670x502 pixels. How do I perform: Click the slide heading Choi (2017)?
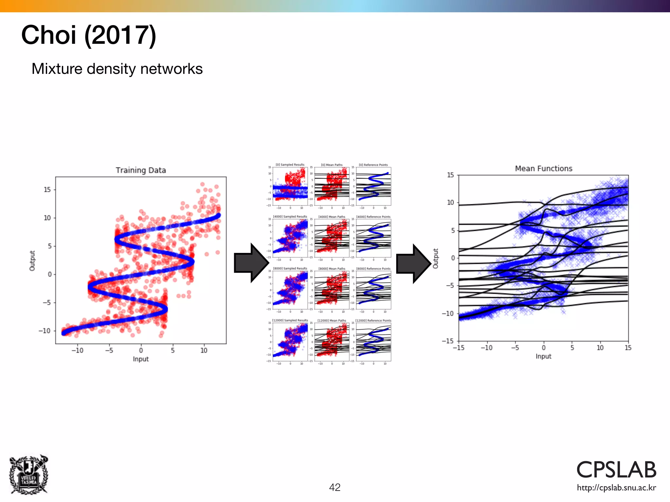pos(89,35)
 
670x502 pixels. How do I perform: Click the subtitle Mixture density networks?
pos(117,69)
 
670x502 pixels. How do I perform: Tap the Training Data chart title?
pos(141,170)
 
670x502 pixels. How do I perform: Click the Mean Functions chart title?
pos(543,169)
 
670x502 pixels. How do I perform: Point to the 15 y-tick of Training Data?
pos(47,190)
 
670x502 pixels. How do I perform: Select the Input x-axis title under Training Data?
pos(141,359)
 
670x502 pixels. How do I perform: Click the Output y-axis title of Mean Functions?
pos(435,258)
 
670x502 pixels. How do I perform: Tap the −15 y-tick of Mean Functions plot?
pos(448,341)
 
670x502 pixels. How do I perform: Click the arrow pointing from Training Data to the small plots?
pos(251,263)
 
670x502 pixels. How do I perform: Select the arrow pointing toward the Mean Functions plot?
pos(413,263)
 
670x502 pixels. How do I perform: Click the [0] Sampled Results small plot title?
pos(290,165)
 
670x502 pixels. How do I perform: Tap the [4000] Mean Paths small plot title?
pos(332,217)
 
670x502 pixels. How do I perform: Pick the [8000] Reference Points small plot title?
pos(373,269)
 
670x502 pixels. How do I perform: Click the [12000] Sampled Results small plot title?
pos(290,320)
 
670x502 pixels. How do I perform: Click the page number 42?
pos(335,487)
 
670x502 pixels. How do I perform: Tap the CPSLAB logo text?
pos(616,470)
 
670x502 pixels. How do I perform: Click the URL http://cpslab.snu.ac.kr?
pos(616,488)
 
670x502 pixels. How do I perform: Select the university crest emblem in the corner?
pos(29,475)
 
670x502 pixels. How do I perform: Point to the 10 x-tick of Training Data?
pos(204,350)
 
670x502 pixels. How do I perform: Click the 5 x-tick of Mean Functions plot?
pos(572,348)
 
